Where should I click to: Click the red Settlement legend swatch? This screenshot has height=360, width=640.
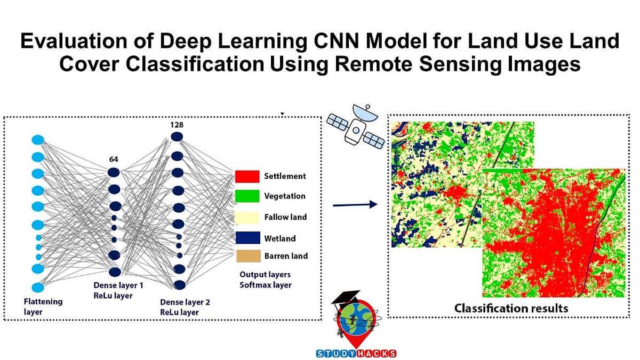[247, 176]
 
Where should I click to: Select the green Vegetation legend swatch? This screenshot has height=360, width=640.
[247, 196]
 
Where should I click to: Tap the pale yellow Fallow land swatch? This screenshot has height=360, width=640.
[247, 217]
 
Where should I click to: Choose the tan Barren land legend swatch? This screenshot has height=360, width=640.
[247, 256]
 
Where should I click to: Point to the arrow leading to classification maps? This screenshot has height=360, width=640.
[355, 205]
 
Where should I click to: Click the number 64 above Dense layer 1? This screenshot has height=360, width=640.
[114, 158]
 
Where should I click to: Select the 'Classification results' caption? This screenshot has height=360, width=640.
[511, 308]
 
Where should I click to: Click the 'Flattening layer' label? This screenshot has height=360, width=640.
[43, 306]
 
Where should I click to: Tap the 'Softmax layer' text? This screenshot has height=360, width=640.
[265, 285]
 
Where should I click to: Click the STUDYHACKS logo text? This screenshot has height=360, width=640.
[355, 353]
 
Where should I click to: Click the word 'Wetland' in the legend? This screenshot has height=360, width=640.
[280, 238]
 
